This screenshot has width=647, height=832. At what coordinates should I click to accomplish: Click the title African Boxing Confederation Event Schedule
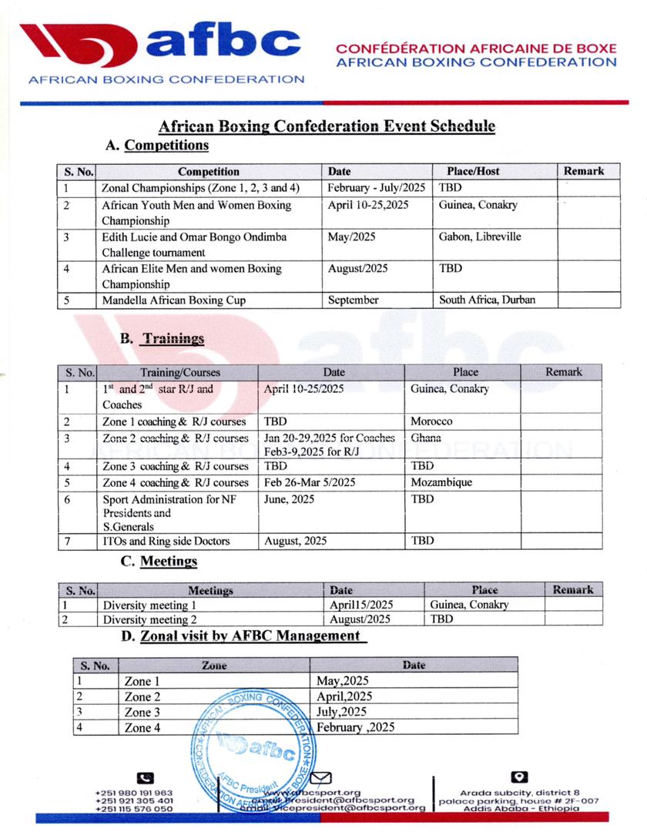[327, 126]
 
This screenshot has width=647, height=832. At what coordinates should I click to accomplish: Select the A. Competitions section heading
[157, 145]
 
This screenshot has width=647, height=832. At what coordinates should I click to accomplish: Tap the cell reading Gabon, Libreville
[479, 237]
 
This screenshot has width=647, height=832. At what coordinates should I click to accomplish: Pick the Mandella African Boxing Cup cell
[174, 300]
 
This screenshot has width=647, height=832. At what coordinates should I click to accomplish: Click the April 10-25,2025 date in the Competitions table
[367, 206]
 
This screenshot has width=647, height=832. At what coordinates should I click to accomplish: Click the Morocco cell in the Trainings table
[431, 422]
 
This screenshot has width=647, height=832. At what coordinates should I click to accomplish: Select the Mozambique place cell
[441, 482]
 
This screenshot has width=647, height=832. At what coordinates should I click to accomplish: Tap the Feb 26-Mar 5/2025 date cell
[309, 482]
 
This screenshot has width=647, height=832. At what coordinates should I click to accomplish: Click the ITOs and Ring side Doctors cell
[166, 541]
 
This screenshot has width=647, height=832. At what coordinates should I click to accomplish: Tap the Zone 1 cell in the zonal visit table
[142, 681]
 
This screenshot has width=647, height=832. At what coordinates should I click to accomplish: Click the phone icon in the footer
[144, 778]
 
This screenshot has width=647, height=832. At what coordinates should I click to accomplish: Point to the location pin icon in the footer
[518, 777]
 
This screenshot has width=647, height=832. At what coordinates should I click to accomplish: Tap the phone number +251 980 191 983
[134, 793]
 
